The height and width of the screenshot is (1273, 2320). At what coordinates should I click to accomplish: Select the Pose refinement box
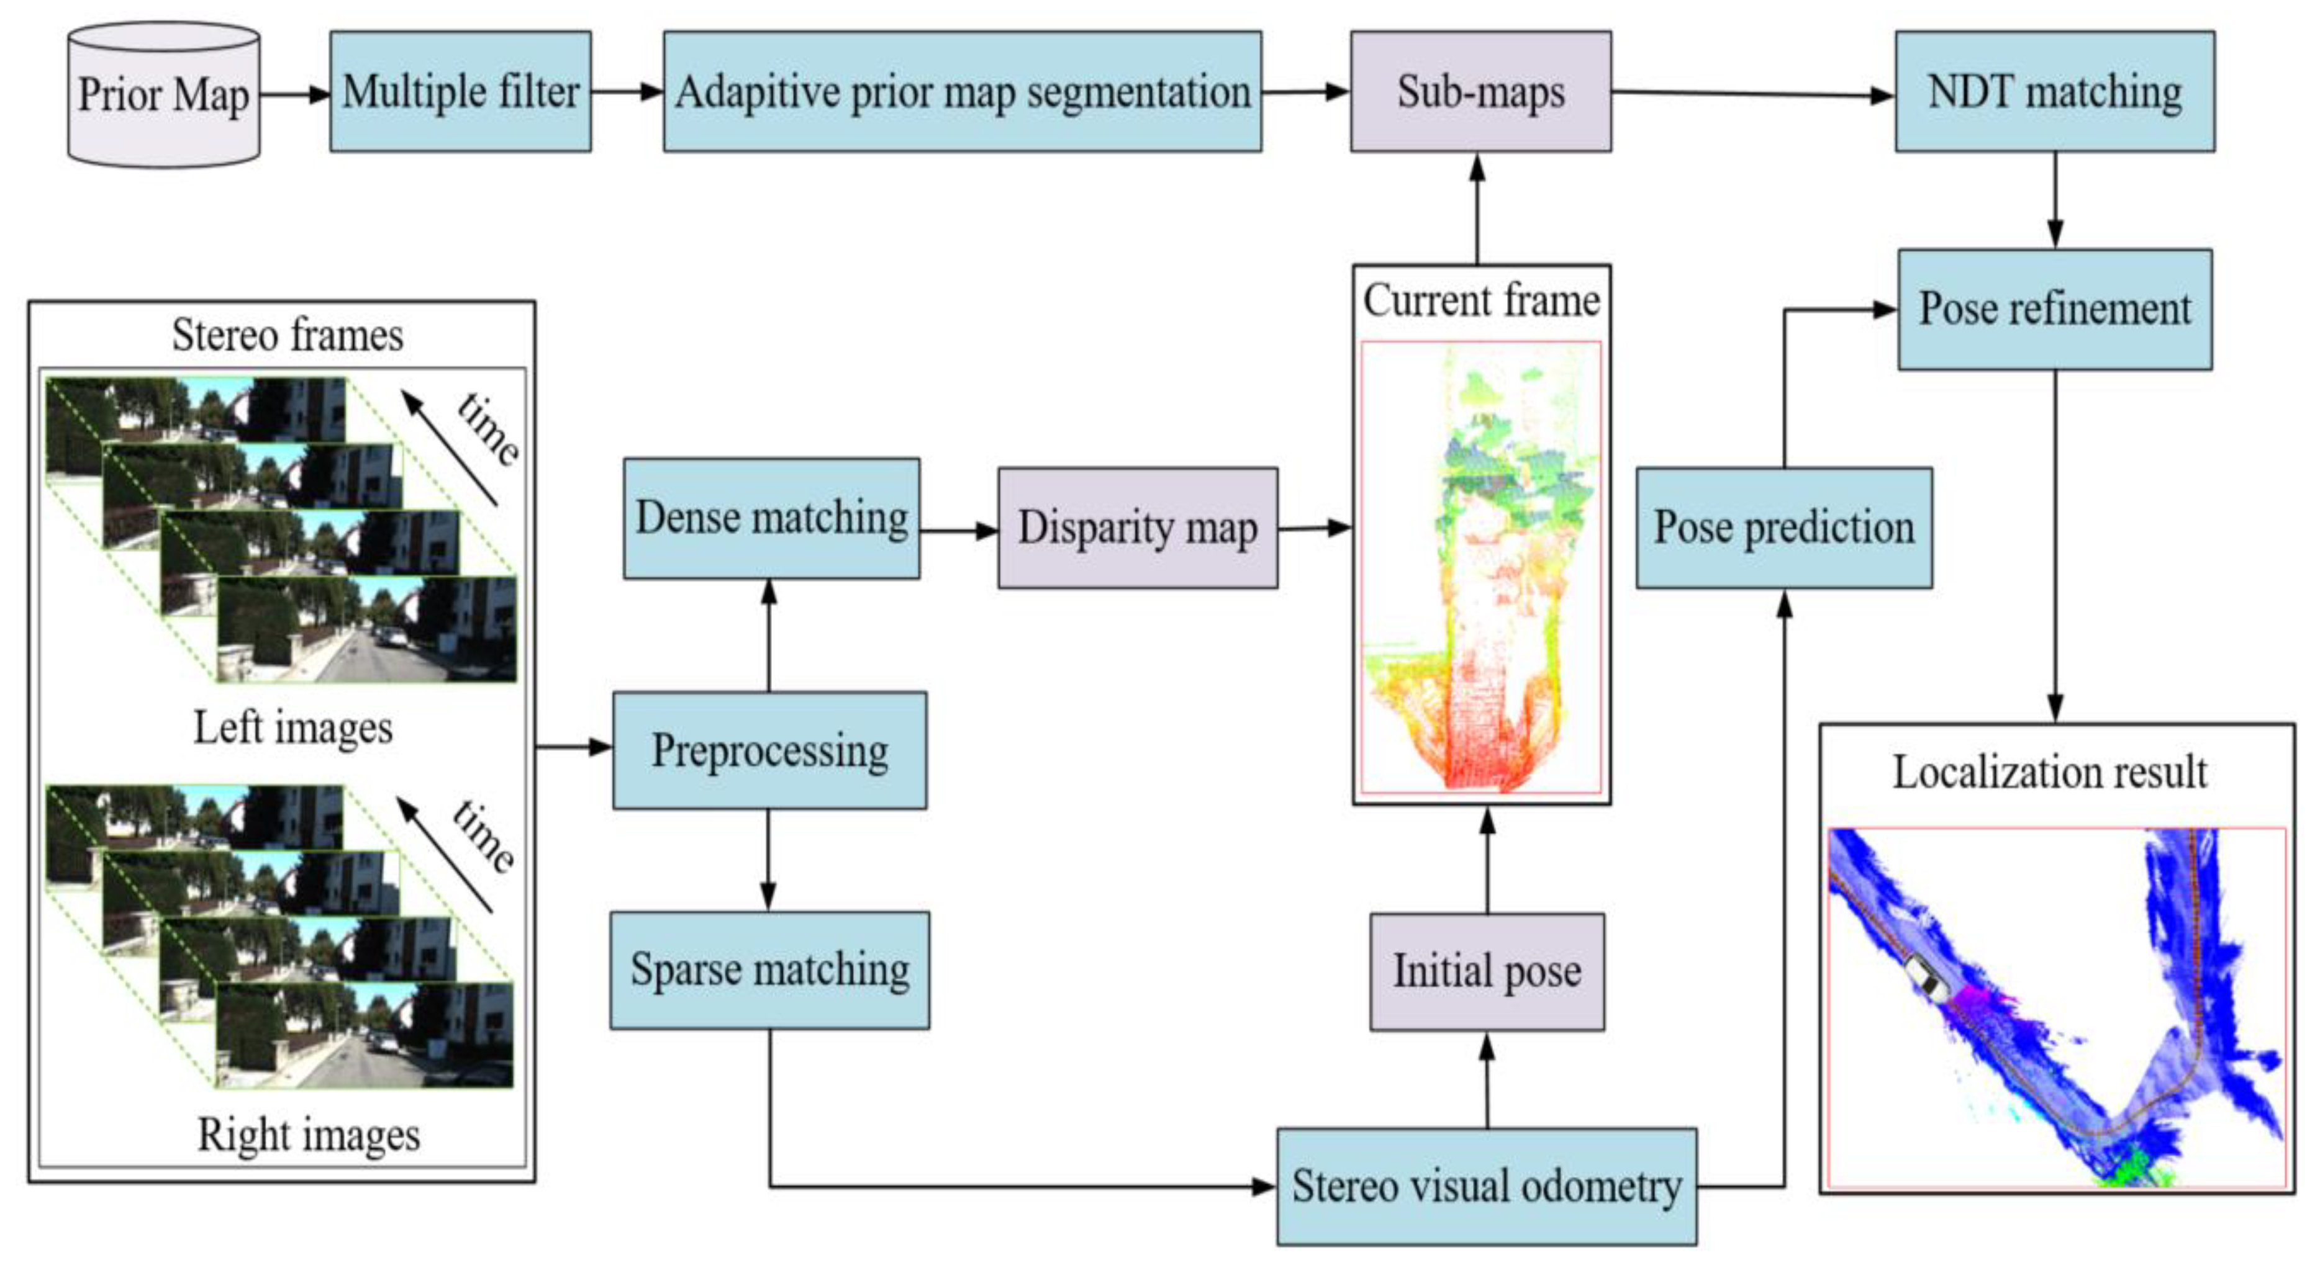(2054, 310)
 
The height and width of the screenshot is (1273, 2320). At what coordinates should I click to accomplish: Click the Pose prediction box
(1783, 528)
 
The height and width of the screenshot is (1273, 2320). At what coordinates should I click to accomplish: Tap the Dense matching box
(771, 518)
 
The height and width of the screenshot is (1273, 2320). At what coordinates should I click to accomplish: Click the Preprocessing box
(769, 750)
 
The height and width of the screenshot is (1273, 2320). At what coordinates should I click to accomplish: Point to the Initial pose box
(1486, 971)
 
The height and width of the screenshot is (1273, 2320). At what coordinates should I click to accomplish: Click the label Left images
(292, 727)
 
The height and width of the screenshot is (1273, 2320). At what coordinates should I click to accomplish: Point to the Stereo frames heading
(288, 335)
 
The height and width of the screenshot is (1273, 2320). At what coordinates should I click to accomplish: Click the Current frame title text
(1480, 300)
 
